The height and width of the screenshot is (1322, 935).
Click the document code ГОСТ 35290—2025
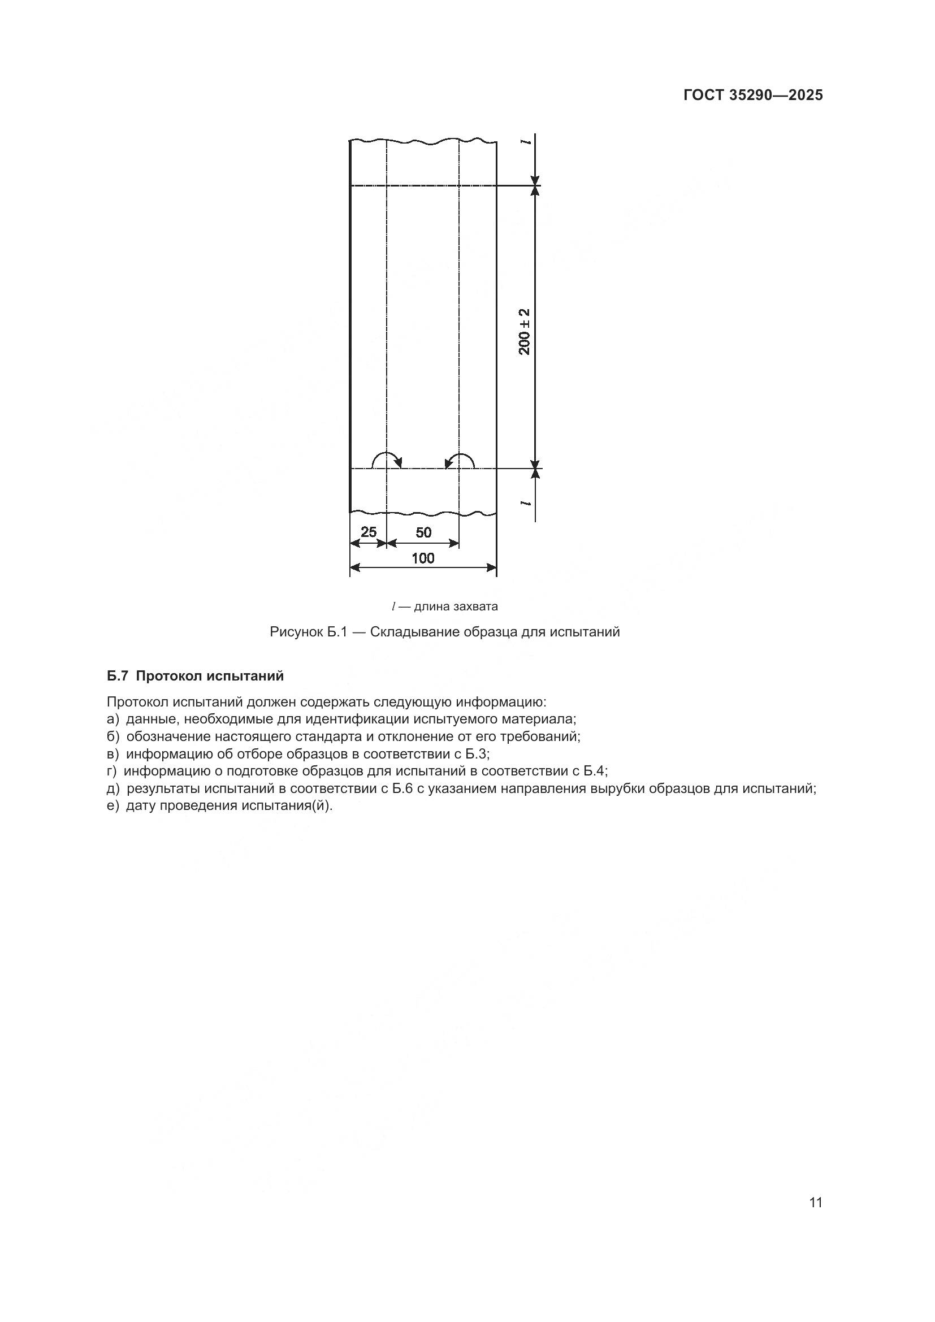pyautogui.click(x=752, y=96)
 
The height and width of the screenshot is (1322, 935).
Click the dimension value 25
pyautogui.click(x=368, y=531)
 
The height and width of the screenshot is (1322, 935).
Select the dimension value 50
pyautogui.click(x=423, y=532)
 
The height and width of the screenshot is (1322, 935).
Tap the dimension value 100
pyautogui.click(x=423, y=558)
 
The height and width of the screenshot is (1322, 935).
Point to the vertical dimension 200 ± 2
pyautogui.click(x=525, y=332)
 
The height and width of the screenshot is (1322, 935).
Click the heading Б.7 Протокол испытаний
pyautogui.click(x=195, y=676)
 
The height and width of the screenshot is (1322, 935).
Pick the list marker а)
pyautogui.click(x=112, y=719)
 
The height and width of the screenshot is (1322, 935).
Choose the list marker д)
pyautogui.click(x=113, y=788)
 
